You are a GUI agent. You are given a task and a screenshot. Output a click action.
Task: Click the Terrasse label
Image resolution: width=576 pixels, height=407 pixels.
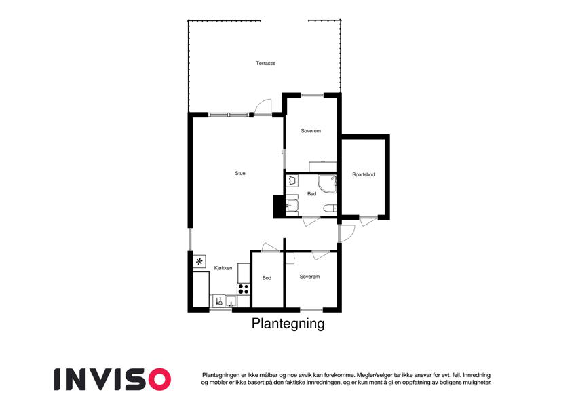(x=265, y=63)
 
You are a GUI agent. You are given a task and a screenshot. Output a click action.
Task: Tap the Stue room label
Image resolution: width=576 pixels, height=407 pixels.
(x=240, y=173)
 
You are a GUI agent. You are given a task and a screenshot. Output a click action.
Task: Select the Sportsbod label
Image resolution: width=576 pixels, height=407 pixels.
(x=363, y=174)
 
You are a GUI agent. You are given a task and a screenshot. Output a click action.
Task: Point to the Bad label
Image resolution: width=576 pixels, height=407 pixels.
(x=311, y=193)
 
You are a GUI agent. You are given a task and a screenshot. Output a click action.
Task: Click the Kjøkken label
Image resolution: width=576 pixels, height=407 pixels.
(x=223, y=268)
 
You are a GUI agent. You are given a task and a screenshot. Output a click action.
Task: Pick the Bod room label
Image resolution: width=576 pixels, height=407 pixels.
(x=267, y=278)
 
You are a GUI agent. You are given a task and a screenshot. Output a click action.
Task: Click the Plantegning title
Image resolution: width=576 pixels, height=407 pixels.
(x=288, y=324)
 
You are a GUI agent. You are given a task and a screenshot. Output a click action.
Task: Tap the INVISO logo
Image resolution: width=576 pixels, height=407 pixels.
(x=113, y=379)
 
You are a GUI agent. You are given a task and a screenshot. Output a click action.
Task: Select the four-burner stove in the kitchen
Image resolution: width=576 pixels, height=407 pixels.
(x=243, y=289)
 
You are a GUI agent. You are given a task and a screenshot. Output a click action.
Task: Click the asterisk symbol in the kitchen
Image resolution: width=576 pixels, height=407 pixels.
(x=199, y=262)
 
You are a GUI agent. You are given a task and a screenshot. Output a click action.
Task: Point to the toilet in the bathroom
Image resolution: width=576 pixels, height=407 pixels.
(x=330, y=209)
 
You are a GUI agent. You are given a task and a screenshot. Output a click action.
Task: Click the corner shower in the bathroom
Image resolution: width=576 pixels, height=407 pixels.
(x=327, y=184)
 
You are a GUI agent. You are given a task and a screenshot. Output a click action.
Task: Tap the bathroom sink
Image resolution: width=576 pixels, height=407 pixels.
(x=292, y=205)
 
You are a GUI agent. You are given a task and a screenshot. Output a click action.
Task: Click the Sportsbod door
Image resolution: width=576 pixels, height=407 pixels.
(x=368, y=222)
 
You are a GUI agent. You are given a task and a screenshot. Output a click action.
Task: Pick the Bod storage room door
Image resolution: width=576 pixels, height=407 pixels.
(x=270, y=247)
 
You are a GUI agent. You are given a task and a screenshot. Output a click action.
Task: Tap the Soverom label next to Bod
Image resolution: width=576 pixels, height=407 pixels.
(x=309, y=277)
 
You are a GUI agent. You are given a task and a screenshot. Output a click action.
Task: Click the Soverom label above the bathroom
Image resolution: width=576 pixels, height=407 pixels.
(x=311, y=130)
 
